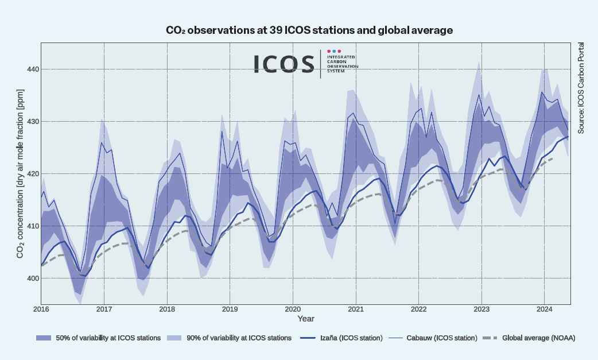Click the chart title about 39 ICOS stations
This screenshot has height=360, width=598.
(309, 30)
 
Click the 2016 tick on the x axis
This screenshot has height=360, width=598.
(41, 309)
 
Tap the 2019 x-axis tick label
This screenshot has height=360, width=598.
(230, 309)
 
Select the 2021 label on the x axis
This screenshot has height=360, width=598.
(356, 309)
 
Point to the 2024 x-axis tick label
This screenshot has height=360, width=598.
(544, 309)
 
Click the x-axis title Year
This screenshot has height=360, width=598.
(306, 318)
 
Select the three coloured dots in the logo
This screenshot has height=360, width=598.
(334, 51)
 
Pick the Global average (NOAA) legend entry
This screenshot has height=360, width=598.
(538, 338)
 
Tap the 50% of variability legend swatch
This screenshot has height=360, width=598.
(44, 338)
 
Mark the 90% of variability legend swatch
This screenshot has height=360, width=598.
(175, 338)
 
